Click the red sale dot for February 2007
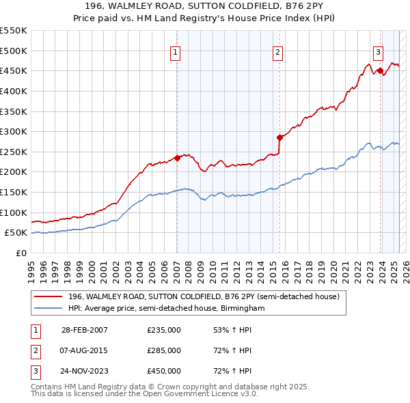(177, 158)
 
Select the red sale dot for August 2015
(279, 137)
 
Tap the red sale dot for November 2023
(380, 70)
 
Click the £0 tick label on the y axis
(21, 253)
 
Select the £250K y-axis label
(14, 152)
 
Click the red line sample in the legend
(49, 296)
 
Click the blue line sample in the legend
(49, 309)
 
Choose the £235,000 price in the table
(164, 330)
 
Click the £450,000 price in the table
(164, 371)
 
